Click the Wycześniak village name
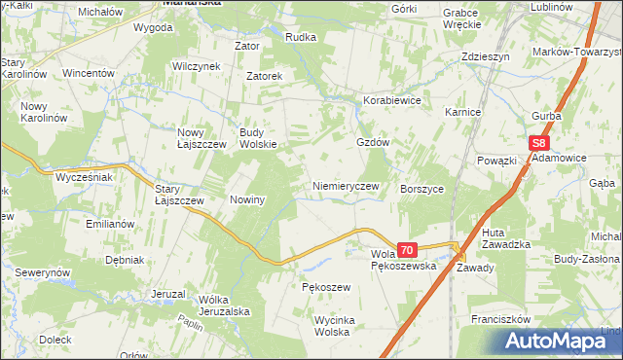[x=85, y=179]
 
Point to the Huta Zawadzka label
[x=506, y=237]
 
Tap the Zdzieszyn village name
[x=486, y=56]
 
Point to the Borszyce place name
[x=422, y=190]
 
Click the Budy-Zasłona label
[x=586, y=261]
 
